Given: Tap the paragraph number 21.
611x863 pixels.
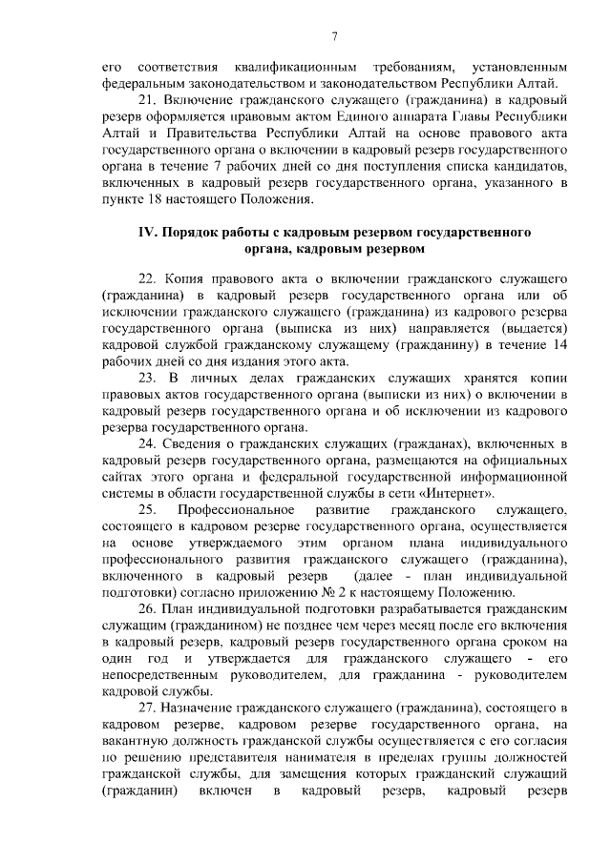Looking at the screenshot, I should click(147, 98).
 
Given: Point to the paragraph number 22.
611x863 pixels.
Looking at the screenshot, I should click(147, 277).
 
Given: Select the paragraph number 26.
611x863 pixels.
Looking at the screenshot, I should click(147, 607).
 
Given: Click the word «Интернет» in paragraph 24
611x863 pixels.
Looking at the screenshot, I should click(461, 494).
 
